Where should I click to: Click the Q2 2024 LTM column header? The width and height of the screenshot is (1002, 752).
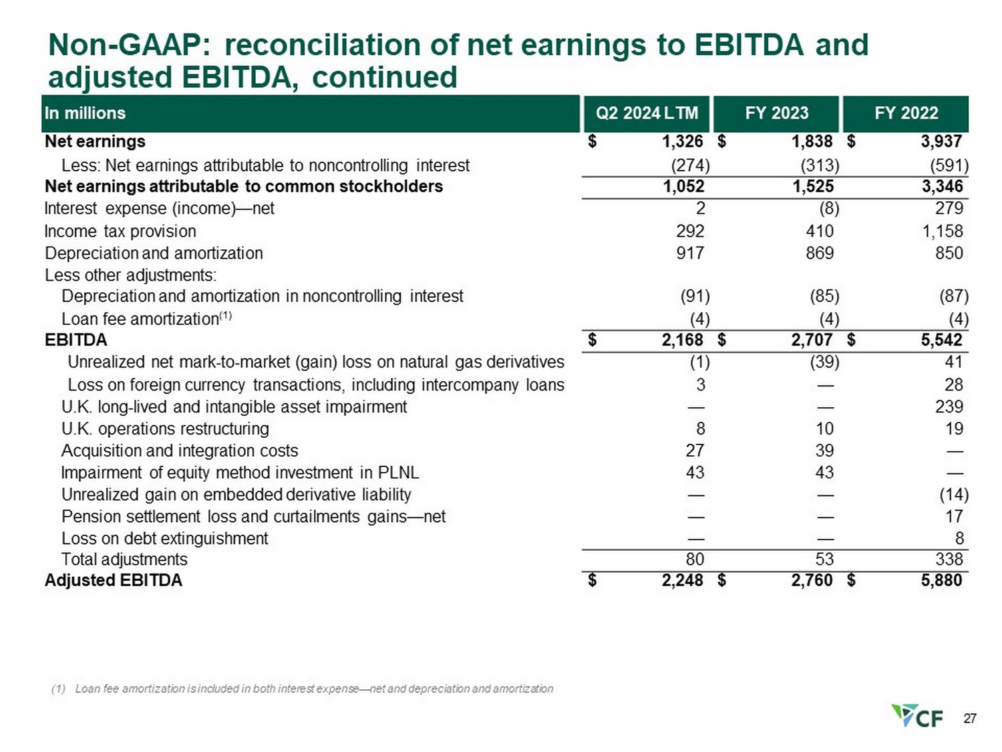pos(646,113)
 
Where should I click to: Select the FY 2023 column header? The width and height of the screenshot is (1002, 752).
pos(776,113)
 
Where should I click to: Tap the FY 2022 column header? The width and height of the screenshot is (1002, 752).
pos(906,113)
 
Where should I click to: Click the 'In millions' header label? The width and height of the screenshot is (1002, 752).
pos(85,113)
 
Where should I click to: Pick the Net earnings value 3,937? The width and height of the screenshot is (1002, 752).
pos(941,142)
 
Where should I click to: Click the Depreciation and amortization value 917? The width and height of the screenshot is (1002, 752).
pos(690,253)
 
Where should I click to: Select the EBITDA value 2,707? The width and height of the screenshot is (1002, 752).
pos(812,340)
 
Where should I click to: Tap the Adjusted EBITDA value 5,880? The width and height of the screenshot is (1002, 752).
pos(941,580)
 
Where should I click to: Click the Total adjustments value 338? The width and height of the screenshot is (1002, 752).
pos(949,559)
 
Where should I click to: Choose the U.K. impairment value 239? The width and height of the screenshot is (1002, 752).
pos(949,407)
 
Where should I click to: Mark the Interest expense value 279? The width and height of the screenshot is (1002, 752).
pos(949,209)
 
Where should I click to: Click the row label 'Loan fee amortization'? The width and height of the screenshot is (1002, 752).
pos(140,319)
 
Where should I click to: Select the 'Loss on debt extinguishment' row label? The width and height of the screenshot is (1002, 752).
pos(164,539)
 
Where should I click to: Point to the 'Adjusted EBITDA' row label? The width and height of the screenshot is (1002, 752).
pos(114,580)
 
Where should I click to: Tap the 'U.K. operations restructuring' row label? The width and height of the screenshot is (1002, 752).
pos(165,428)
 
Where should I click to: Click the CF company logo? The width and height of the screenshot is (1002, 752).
pos(917,717)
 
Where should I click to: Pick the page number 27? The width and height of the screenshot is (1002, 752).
pos(970,719)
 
